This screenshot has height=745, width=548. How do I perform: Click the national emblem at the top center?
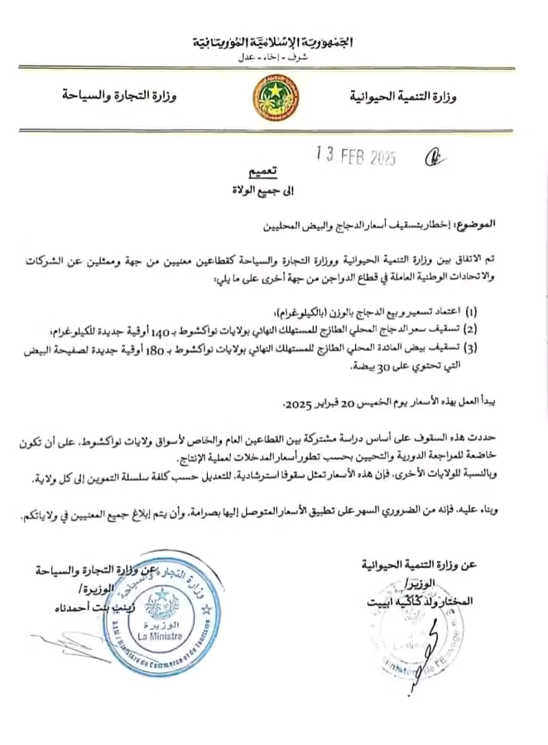coord(274,98)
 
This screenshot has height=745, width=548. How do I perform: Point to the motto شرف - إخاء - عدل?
coord(273,56)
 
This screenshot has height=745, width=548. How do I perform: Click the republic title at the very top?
coord(274,42)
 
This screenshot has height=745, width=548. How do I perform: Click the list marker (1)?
coord(472,314)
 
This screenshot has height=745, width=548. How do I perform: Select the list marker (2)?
coord(472,329)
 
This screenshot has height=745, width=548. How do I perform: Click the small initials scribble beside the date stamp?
coord(432,156)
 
